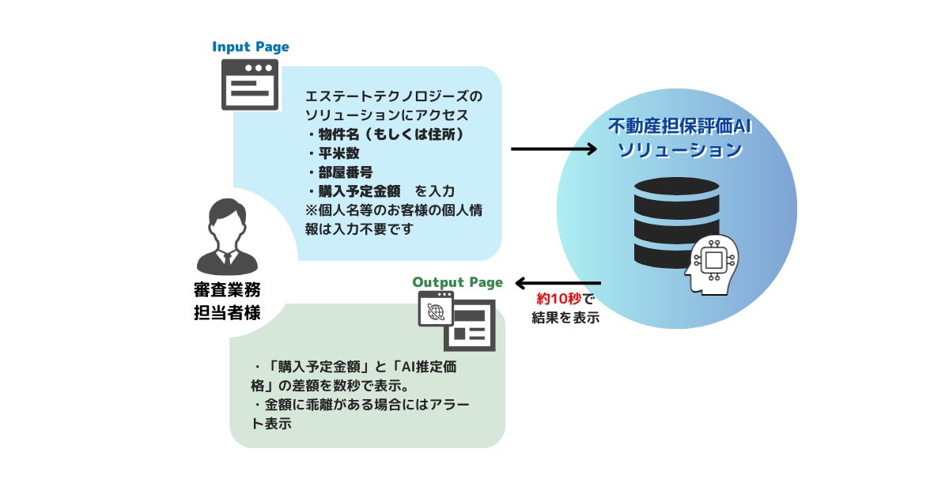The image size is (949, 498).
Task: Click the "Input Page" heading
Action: [250, 47]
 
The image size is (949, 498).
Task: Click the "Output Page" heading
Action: [457, 282]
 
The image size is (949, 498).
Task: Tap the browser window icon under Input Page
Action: [250, 85]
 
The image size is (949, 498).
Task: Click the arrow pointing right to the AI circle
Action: [554, 149]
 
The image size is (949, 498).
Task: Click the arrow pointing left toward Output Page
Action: [558, 283]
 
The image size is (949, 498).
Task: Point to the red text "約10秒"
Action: [559, 300]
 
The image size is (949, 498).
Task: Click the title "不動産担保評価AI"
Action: [678, 126]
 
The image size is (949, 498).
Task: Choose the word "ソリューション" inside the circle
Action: [679, 149]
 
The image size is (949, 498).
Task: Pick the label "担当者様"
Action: [226, 312]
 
